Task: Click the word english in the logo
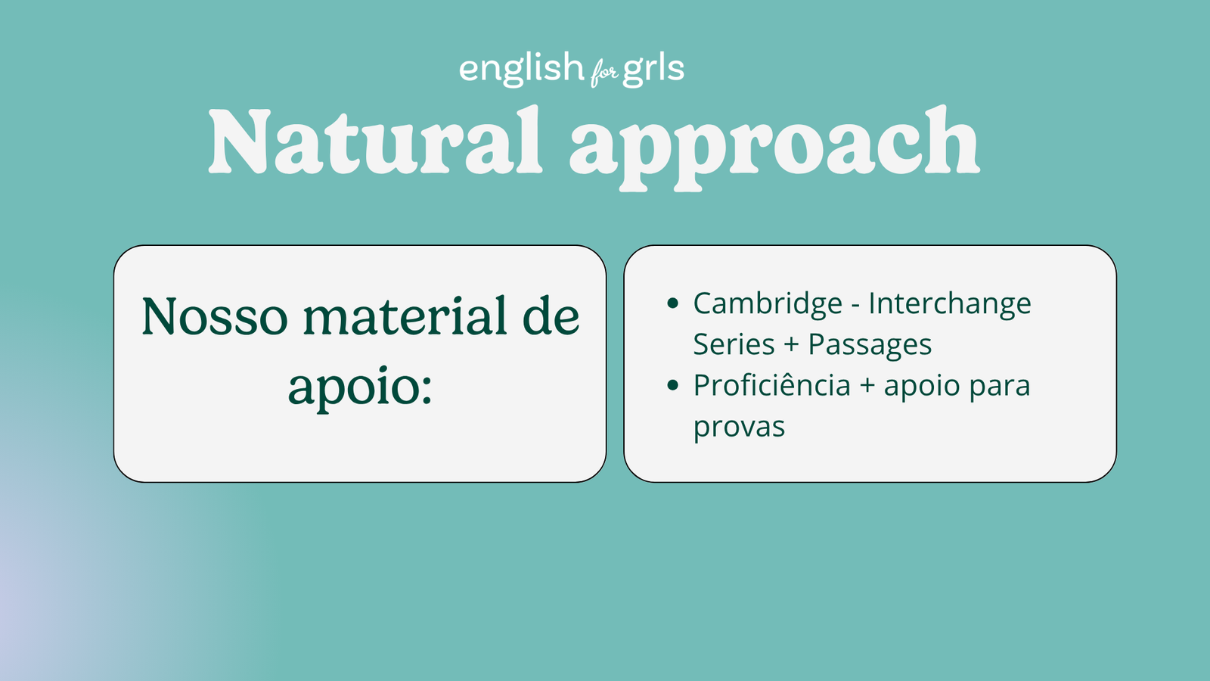[x=521, y=69]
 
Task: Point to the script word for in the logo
[x=603, y=73]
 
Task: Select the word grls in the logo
[x=653, y=69]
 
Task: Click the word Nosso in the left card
[x=215, y=316]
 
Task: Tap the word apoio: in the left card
[x=360, y=386]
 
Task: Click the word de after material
[x=551, y=316]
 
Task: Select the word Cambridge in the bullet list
[x=768, y=304]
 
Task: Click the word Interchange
[x=949, y=304]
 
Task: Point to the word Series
[x=734, y=345]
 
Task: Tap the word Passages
[x=870, y=345]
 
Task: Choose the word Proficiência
[x=771, y=386]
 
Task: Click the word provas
[x=739, y=428]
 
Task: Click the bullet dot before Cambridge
[x=673, y=304]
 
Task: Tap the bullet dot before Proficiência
[x=673, y=386]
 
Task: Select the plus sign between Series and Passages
[x=791, y=345]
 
